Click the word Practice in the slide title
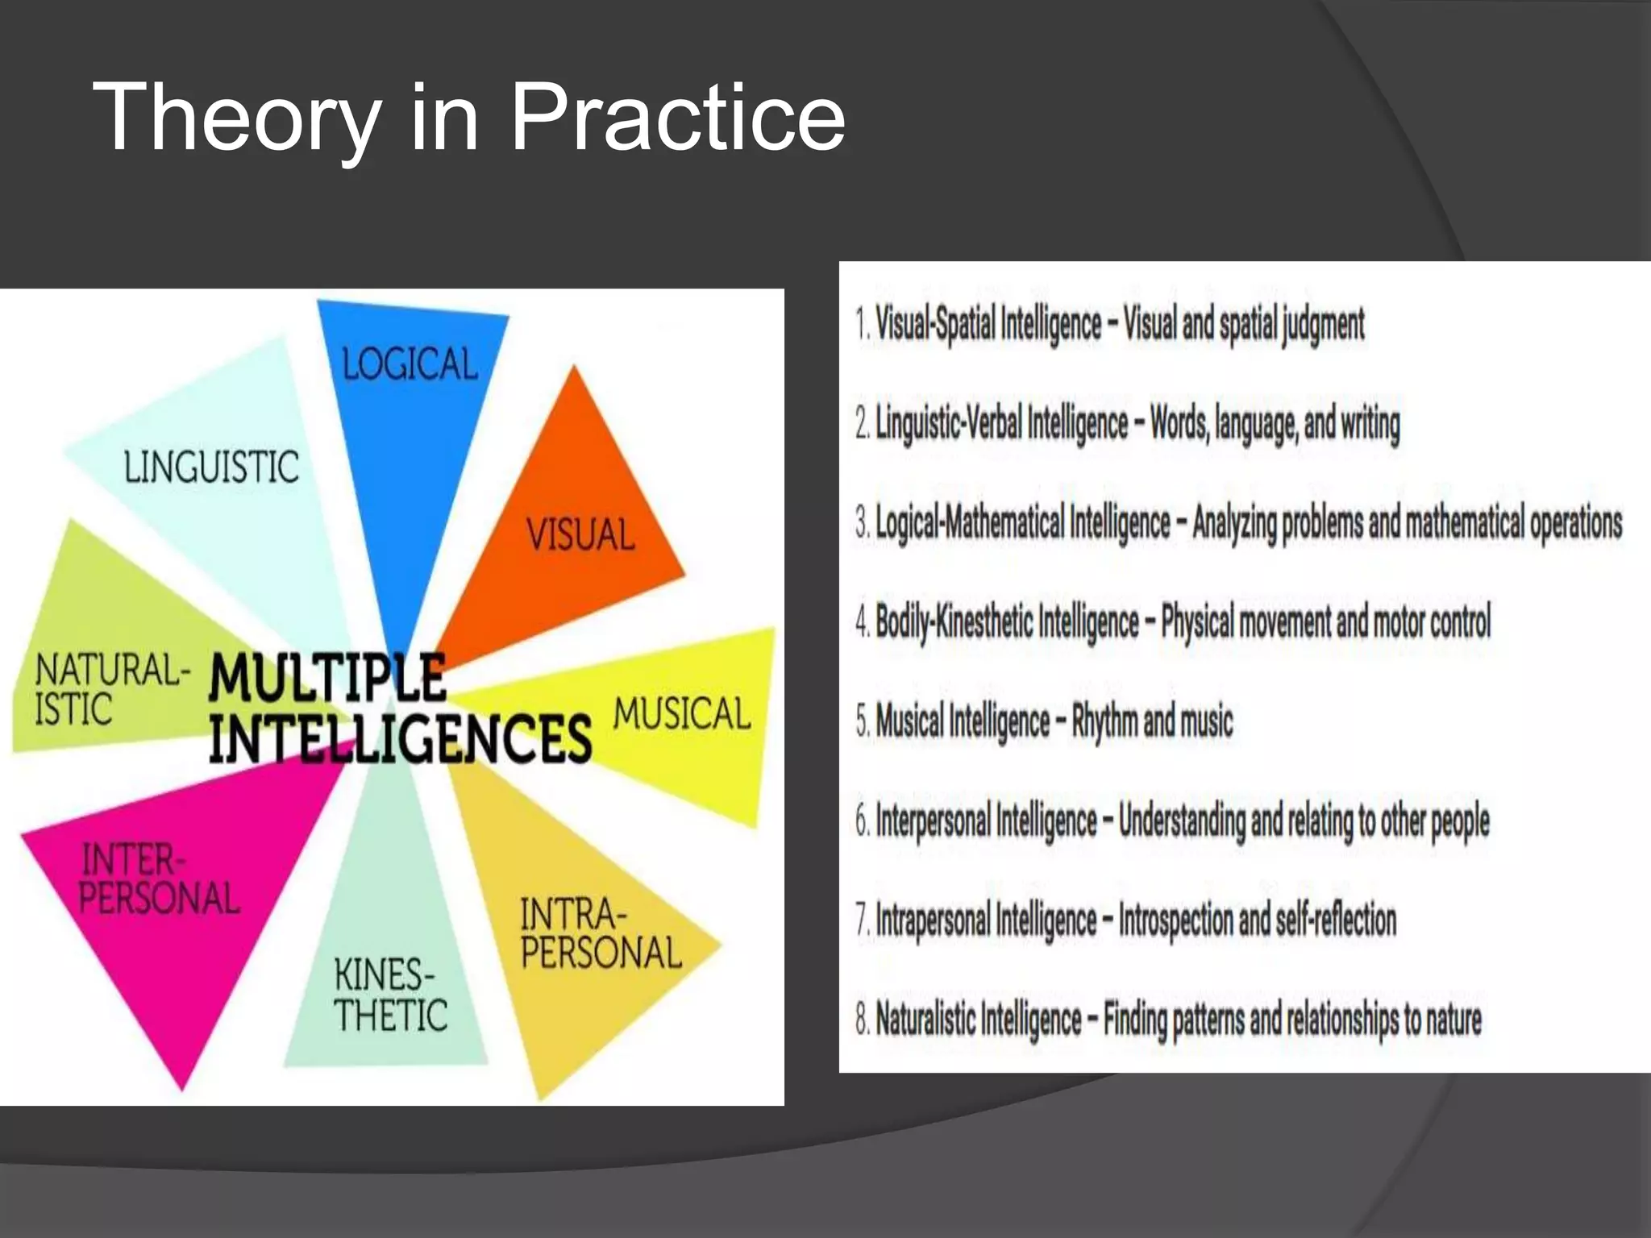[678, 118]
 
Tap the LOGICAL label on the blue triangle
[410, 364]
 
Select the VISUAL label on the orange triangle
[580, 535]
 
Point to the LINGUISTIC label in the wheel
[211, 467]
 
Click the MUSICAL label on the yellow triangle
[682, 714]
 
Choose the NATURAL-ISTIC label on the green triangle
[111, 690]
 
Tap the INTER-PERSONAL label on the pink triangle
[159, 879]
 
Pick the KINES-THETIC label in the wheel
[390, 995]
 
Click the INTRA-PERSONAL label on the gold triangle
[601, 934]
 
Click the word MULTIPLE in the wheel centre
[327, 679]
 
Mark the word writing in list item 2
[1370, 424]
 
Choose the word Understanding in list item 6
[1183, 820]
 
